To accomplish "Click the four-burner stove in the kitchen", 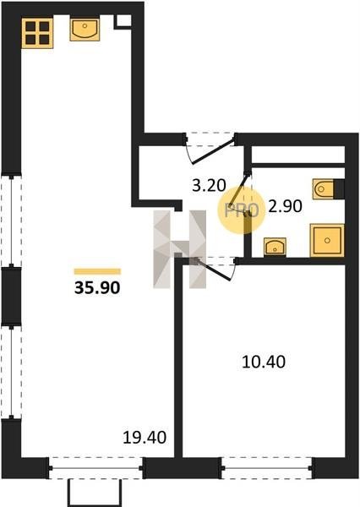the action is pos(37,33).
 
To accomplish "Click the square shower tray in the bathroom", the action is pos(327,240).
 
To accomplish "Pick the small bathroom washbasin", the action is pos(275,247).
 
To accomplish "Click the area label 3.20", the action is pos(209,186).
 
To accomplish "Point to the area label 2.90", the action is pos(286,206).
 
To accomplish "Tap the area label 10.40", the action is pos(264,362).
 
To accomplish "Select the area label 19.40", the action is pos(145,438).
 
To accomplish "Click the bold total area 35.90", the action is pos(97,287).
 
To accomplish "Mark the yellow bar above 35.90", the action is pos(97,271).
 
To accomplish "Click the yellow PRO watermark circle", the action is pos(241,210).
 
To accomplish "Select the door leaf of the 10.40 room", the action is pos(213,270).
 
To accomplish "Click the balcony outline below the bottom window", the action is pos(95,493).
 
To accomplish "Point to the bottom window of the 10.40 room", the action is pos(267,468).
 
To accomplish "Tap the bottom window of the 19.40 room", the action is pos(95,468).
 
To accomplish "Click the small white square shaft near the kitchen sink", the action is pos(123,20).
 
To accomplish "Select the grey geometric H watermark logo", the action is pos(179,249).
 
